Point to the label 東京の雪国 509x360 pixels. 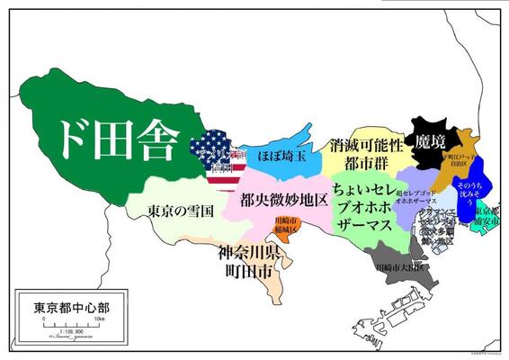180,211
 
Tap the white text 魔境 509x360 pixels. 430,140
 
